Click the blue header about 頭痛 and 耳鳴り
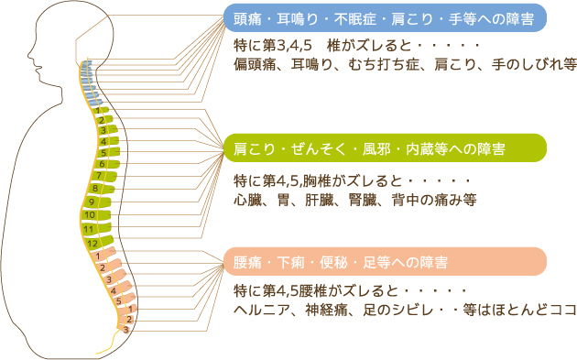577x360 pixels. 386,16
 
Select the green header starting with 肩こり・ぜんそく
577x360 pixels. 386,147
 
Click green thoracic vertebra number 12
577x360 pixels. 94,244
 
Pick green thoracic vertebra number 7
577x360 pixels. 99,175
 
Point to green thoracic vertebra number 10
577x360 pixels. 90,215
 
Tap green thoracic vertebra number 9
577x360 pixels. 92,202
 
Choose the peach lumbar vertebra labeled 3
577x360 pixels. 109,278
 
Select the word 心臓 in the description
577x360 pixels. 247,199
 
